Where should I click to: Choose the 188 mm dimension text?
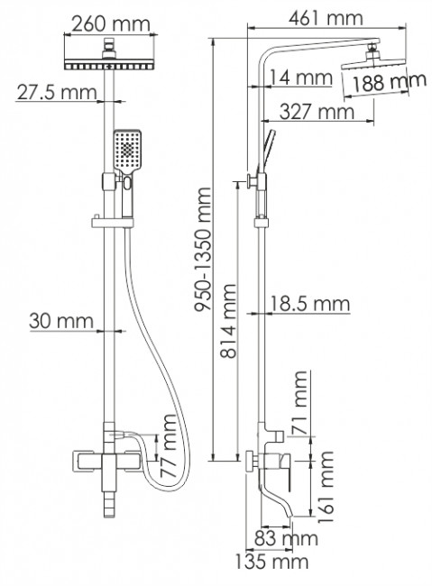(x=388, y=84)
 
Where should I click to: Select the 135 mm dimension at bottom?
(x=271, y=563)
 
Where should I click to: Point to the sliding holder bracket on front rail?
(x=106, y=220)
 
